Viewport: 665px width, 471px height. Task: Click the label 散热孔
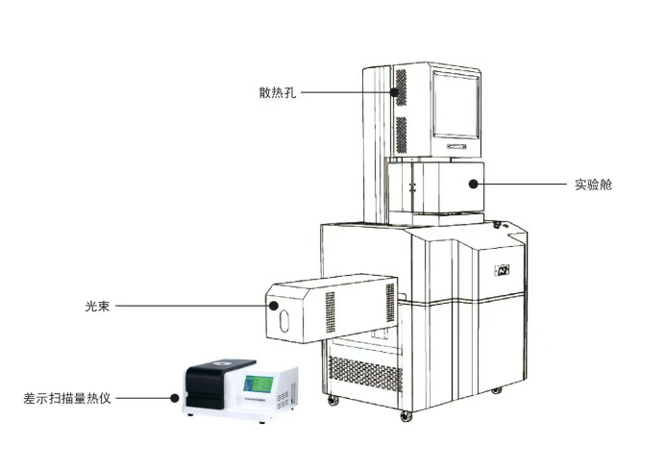[278, 92]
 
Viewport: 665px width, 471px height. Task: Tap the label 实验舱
[593, 185]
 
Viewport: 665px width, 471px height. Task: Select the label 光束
[98, 306]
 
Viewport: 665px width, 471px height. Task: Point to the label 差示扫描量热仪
[67, 399]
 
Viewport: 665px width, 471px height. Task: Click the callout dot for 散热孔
[394, 92]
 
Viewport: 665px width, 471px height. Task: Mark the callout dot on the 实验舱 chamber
[474, 185]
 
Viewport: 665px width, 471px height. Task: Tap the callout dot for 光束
[274, 306]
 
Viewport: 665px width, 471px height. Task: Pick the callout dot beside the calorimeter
[174, 398]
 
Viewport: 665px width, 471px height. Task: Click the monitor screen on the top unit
[456, 105]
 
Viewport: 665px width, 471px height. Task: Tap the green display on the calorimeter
[259, 384]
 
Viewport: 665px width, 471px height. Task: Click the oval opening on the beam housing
[283, 321]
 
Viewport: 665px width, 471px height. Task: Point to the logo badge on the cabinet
[502, 270]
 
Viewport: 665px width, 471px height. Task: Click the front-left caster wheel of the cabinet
[332, 400]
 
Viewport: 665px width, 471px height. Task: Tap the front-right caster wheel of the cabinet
[406, 416]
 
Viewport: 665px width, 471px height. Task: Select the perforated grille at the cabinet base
[365, 373]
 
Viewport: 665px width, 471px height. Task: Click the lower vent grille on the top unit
[401, 135]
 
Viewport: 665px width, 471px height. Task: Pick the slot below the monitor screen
[456, 147]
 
